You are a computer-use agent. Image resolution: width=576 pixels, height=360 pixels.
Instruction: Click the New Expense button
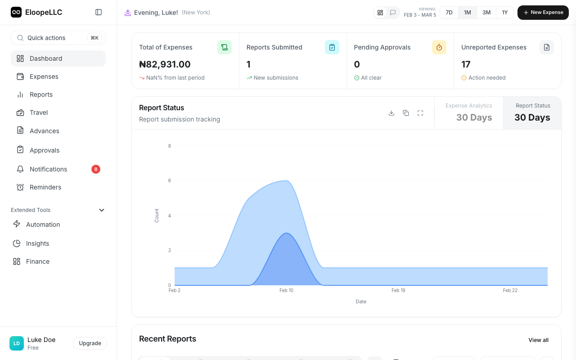(543, 13)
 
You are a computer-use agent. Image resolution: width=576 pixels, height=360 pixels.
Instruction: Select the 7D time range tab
(449, 13)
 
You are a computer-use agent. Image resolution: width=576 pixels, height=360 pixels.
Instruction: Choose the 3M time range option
(486, 13)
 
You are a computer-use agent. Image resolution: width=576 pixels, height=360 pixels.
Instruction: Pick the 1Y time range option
(505, 13)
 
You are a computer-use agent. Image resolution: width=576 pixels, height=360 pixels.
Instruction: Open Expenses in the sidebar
(44, 76)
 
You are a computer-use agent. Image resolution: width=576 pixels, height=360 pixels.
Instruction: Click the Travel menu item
(39, 112)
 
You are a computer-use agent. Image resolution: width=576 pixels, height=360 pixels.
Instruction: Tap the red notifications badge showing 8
(96, 169)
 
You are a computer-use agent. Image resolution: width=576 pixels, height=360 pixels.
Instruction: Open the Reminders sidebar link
(45, 187)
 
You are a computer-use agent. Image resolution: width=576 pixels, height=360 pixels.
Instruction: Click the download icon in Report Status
(391, 113)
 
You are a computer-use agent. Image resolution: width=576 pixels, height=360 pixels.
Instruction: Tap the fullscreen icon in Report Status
(420, 113)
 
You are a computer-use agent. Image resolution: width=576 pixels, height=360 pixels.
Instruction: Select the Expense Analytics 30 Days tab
(468, 112)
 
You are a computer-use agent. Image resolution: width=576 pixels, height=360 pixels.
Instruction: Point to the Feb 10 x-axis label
(286, 290)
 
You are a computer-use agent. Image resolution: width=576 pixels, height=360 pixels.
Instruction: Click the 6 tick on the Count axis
(170, 181)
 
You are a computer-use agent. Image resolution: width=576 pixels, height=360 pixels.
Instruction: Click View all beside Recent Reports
(538, 340)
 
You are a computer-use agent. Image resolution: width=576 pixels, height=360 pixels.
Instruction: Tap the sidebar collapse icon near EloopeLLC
(99, 13)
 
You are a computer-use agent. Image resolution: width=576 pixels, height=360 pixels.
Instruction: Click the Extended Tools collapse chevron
(102, 210)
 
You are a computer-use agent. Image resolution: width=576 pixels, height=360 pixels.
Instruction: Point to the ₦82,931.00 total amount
(165, 64)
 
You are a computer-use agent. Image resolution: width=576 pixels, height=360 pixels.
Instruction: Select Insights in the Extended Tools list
(37, 243)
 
